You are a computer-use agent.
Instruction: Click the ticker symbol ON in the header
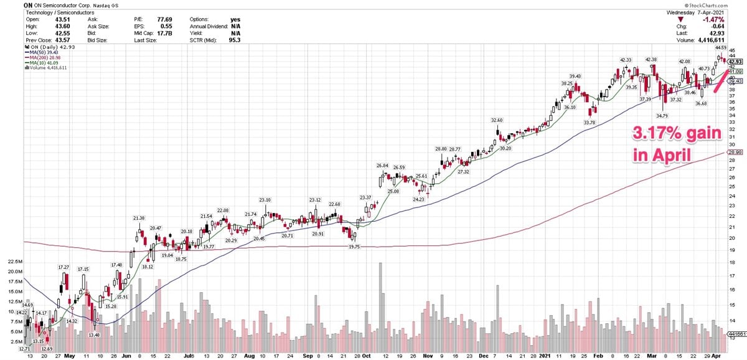[x=27, y=4]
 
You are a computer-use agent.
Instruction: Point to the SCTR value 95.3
[x=235, y=40]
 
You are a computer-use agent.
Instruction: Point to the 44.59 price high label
[x=721, y=47]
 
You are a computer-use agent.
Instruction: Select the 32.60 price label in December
[x=496, y=120]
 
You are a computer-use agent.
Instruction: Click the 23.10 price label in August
[x=265, y=199]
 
